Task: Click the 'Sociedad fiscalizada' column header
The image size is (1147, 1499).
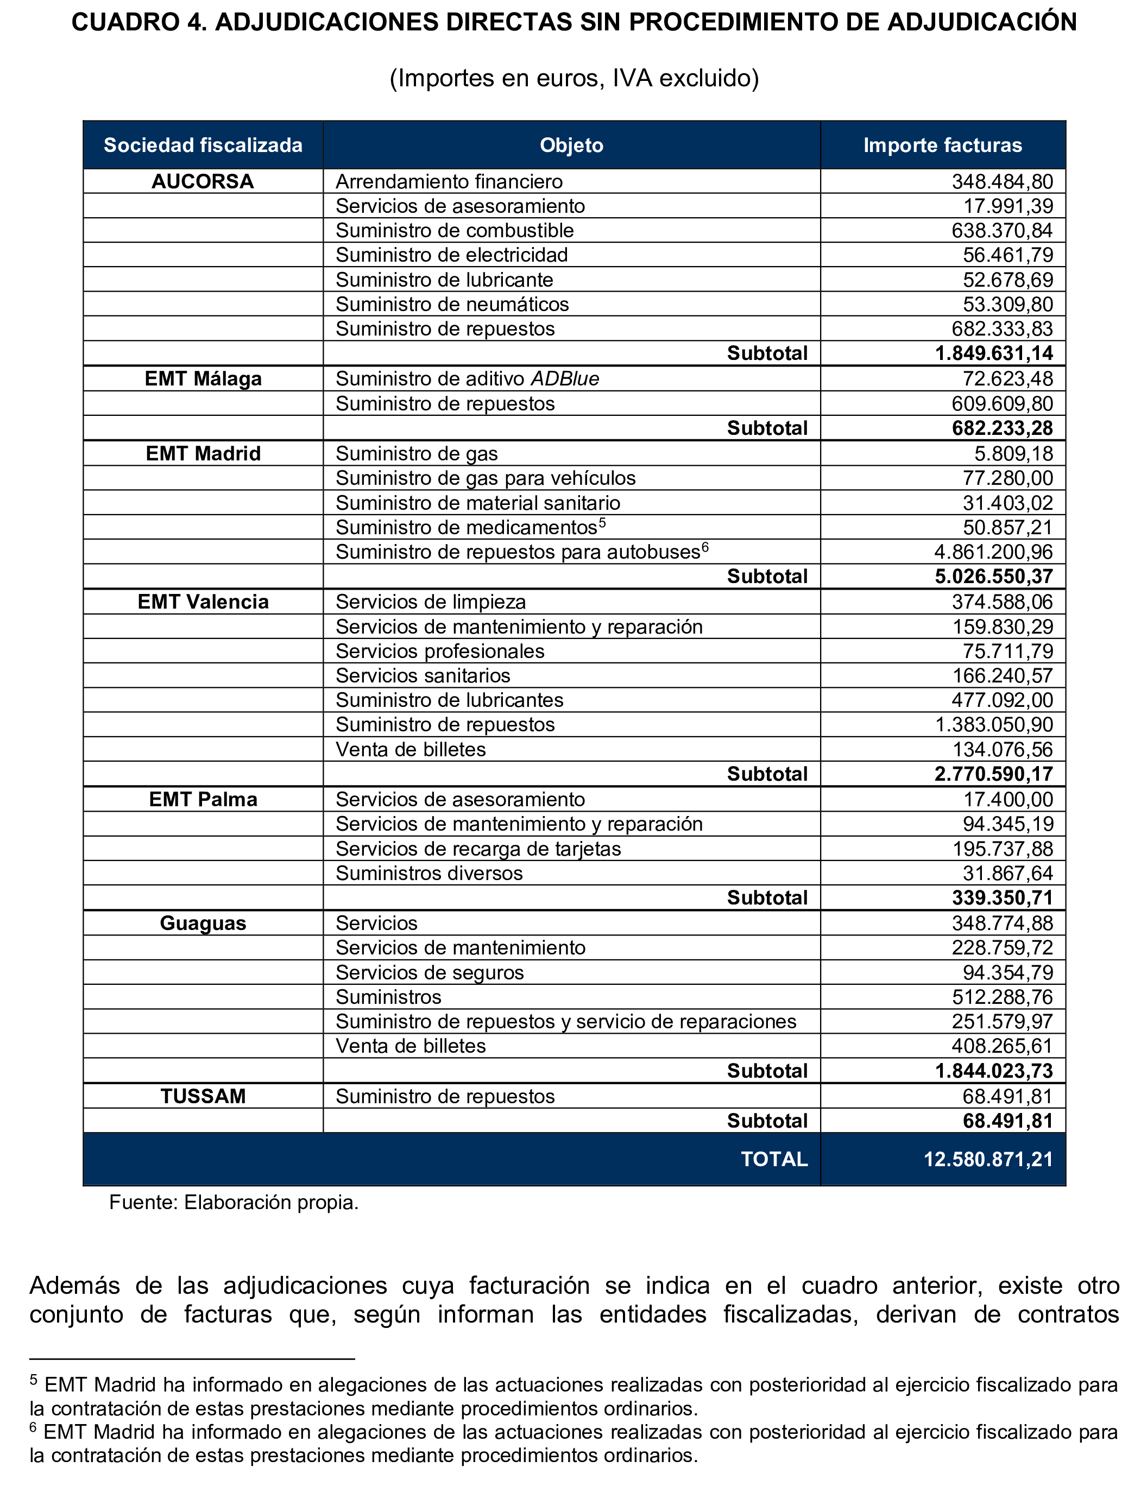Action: tap(203, 146)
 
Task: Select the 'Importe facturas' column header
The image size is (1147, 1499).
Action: tap(942, 146)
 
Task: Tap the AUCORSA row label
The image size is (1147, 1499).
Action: tap(203, 181)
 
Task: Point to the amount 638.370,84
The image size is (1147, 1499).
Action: tap(1002, 231)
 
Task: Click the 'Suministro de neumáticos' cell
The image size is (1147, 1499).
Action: tap(452, 305)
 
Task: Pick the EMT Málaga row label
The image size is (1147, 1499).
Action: tap(203, 379)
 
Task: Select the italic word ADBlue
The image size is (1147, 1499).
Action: tap(565, 379)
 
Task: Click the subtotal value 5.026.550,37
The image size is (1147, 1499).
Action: tap(994, 577)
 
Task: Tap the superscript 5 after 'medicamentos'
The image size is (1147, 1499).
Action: tap(602, 523)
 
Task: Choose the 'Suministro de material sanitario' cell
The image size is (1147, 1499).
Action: tap(478, 503)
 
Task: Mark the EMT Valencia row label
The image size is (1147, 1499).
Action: tap(203, 602)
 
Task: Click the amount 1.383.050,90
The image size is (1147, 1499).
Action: tap(994, 725)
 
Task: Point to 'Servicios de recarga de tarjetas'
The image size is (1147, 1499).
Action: tap(478, 849)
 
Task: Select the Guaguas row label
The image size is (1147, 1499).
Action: tap(203, 924)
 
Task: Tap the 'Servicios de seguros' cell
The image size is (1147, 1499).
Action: tap(430, 973)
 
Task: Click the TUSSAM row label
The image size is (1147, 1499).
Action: tap(203, 1096)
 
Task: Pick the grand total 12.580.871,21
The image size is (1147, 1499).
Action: tap(988, 1159)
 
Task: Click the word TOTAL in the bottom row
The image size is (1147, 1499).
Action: tap(774, 1159)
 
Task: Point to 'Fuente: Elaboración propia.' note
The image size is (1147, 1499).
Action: tap(234, 1203)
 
